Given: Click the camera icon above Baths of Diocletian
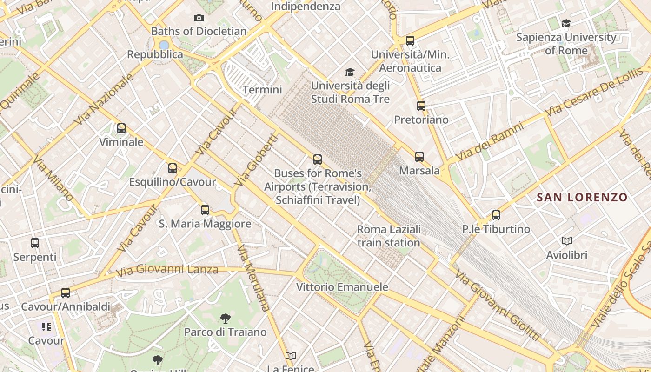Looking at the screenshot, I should coord(199,18).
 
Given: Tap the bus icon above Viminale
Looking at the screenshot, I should coord(121,128).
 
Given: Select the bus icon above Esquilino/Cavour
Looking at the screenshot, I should coord(173,168).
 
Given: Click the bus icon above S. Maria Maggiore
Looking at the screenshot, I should coord(205,210).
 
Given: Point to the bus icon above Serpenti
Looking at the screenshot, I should coord(35,243).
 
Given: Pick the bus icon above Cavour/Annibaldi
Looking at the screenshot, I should coord(66,293).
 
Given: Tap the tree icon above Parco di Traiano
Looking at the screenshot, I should coord(226,319).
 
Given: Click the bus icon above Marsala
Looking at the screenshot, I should coord(419,157).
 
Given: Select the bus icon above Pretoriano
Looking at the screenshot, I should coord(421,106).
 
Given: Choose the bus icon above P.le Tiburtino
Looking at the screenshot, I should coord(496,215).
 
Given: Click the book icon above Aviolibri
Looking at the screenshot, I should coord(567,241).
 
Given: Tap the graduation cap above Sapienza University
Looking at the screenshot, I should coord(566,23).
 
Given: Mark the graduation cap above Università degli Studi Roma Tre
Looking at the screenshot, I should coord(350,72).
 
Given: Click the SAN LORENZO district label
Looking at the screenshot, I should coord(582,197).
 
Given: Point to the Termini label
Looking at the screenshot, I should coord(262,90).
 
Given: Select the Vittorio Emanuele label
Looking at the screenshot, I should coord(342,287).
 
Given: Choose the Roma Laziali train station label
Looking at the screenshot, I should coord(389,236).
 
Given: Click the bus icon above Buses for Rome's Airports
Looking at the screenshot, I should coord(318,159).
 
